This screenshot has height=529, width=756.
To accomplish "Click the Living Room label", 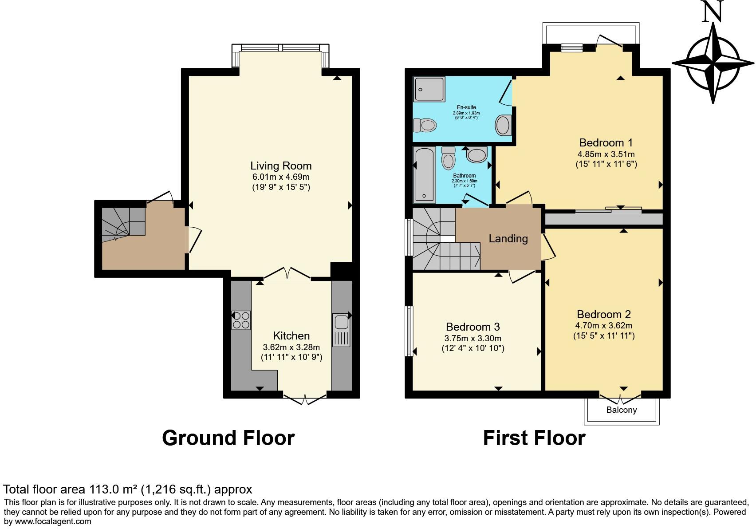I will [x=281, y=166].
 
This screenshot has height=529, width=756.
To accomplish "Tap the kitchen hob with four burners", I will [x=241, y=320].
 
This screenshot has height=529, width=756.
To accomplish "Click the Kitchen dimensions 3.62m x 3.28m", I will [x=291, y=347].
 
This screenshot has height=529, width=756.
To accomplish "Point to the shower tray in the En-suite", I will [x=429, y=89].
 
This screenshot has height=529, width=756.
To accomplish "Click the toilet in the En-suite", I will [x=424, y=126].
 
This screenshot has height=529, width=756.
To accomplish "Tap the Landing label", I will [x=508, y=239].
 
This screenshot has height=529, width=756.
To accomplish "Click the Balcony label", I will [x=621, y=410].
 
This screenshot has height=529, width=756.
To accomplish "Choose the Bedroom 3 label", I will [x=472, y=327].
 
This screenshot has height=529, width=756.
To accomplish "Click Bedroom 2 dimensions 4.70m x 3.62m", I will [x=603, y=325].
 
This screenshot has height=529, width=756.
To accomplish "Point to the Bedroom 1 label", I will [x=606, y=143].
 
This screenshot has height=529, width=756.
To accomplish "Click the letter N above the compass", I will [x=713, y=11].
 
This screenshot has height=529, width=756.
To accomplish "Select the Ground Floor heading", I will [x=228, y=438].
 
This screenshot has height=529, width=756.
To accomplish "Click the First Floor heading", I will [x=534, y=438].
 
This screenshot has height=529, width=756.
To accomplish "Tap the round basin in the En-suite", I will [x=503, y=125].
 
